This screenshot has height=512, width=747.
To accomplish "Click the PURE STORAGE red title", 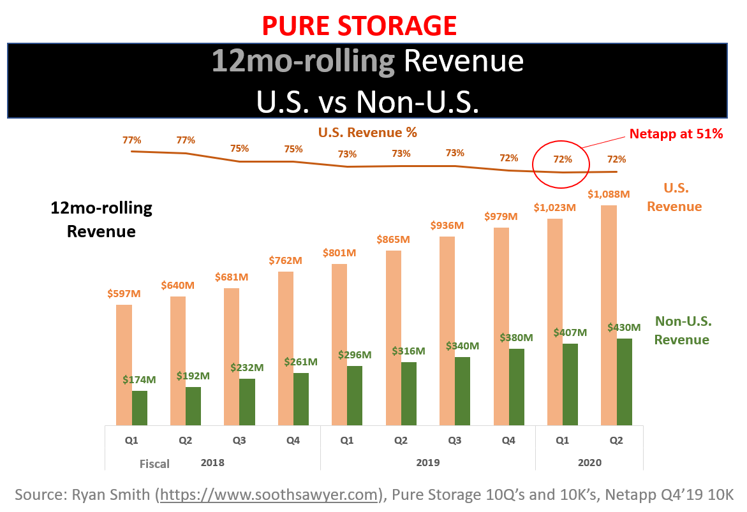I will click(x=359, y=26).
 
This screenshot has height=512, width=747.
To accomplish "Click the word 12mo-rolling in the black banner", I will click(x=304, y=62).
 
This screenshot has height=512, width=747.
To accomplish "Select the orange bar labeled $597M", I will click(x=124, y=365).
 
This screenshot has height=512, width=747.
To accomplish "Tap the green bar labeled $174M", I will click(x=140, y=408).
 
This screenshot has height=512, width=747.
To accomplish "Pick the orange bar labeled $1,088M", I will click(x=609, y=315).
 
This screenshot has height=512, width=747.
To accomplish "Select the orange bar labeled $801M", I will click(x=339, y=344).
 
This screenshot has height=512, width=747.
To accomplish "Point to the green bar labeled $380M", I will click(x=517, y=386).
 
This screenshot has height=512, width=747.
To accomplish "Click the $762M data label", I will click(x=285, y=261).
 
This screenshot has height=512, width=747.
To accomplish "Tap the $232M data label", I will click(x=247, y=368).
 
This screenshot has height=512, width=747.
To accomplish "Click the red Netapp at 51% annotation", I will click(x=676, y=134).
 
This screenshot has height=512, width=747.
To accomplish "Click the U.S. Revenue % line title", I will click(x=367, y=133).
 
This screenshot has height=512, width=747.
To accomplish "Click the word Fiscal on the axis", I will click(x=154, y=464).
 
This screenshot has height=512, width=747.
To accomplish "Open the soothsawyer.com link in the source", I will click(x=270, y=495).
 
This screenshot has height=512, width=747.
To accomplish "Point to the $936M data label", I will click(x=447, y=226).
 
